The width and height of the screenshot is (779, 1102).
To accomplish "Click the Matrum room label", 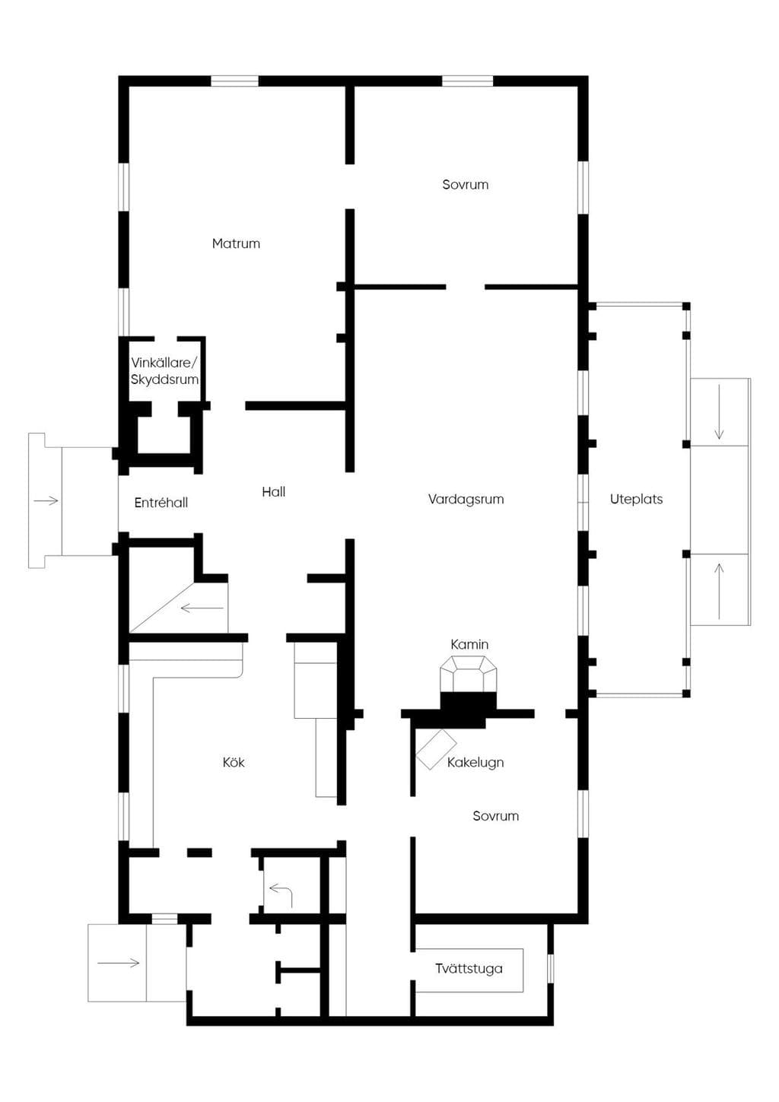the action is click(236, 243).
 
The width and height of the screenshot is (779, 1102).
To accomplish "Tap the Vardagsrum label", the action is click(466, 500).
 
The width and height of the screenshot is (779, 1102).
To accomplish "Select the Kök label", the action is click(234, 763).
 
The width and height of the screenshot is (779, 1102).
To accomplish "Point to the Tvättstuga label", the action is click(469, 969).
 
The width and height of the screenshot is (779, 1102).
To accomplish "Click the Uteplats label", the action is click(636, 500).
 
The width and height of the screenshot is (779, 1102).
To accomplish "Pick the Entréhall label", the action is click(161, 503).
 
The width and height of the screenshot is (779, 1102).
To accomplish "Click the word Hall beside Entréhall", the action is click(274, 492).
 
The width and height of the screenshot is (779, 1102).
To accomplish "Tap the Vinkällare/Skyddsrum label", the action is click(164, 371).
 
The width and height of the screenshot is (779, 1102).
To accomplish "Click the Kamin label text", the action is click(469, 644).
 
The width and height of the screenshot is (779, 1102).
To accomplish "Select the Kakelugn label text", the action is click(475, 763).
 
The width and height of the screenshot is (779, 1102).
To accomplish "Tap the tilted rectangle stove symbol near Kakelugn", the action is click(436, 749).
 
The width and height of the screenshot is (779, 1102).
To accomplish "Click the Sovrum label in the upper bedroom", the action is click(465, 185).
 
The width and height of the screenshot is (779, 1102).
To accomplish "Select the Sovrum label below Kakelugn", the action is click(495, 816).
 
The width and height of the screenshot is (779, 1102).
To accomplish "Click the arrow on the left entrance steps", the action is click(46, 501).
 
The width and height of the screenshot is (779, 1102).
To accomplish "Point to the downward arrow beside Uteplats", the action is click(719, 411).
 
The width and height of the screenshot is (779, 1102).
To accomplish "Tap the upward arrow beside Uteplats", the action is click(719, 592).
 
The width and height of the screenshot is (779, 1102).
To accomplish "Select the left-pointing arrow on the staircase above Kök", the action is click(202, 608).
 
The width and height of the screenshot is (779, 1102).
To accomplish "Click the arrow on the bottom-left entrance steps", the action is click(118, 963).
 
